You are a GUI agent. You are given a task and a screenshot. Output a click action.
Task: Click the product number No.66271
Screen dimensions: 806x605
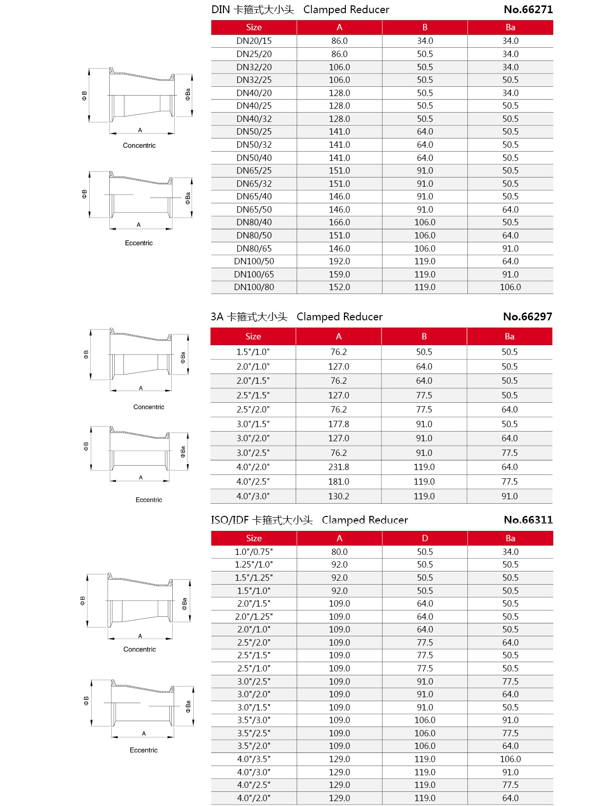528,9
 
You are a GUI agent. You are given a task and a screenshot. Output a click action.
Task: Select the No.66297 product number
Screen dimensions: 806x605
527,316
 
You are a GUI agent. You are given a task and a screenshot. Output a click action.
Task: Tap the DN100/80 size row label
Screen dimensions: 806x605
254,287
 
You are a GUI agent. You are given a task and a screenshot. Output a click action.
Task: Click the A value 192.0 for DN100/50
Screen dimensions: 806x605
339,261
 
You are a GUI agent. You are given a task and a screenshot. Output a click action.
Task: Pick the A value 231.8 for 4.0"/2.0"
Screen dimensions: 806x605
339,467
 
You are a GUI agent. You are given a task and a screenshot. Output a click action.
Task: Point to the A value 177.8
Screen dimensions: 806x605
339,424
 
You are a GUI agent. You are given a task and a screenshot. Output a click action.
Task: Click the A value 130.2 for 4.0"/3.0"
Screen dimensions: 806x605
339,496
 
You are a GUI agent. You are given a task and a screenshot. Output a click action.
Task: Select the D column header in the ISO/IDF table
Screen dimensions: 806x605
424,538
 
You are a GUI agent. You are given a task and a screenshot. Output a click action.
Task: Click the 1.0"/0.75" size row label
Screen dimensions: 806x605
254,552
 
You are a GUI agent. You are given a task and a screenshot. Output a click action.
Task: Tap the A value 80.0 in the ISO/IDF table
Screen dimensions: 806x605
339,552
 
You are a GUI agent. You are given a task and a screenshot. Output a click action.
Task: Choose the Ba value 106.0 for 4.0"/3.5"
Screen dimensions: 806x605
510,759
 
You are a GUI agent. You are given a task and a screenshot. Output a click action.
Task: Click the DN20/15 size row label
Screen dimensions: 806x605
254,41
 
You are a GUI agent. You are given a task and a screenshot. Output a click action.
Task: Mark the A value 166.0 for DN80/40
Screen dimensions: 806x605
339,222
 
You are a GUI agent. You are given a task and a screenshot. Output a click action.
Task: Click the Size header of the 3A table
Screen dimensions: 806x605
253,336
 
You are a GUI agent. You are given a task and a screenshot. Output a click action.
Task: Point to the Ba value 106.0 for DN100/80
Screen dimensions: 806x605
510,287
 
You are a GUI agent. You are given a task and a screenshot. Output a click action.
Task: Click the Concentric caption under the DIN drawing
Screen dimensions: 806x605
139,145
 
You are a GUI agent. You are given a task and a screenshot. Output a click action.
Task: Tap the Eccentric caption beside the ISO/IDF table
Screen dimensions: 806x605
143,750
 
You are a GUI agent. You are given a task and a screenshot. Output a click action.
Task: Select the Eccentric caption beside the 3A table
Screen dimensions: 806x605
149,500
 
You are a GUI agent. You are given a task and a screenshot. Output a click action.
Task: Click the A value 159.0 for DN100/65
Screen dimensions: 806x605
339,275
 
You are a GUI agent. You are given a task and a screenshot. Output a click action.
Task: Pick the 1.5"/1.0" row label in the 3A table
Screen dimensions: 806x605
253,352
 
